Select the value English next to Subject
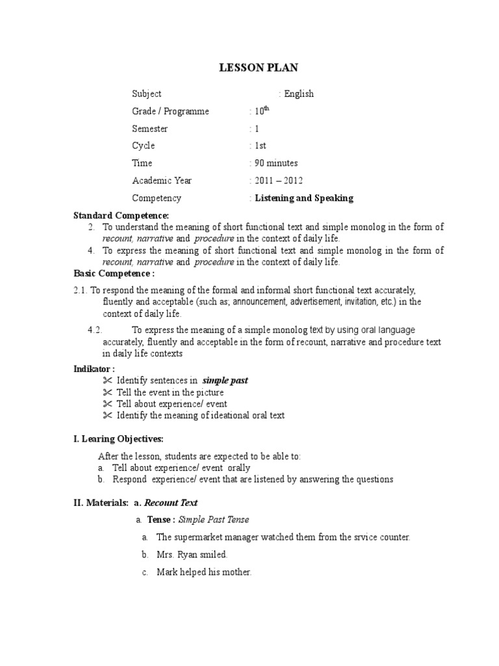[x=298, y=94]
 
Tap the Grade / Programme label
[x=170, y=111]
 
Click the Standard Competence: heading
[x=121, y=215]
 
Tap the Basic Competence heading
[x=114, y=274]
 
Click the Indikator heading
[x=94, y=369]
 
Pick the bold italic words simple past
[x=225, y=380]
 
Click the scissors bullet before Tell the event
[x=108, y=392]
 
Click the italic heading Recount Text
[x=170, y=503]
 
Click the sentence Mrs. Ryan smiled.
[x=192, y=555]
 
